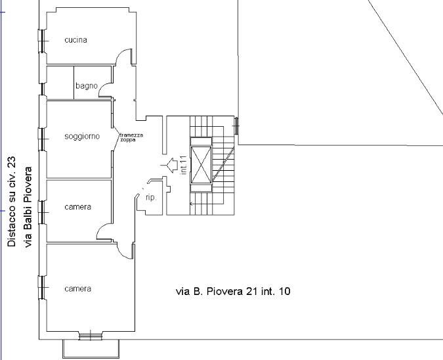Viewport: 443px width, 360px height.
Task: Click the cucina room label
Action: coord(75,40)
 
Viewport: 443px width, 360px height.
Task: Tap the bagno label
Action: coord(87,86)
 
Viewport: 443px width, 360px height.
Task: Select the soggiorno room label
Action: coord(82,137)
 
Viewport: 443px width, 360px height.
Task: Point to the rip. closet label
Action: coord(151,197)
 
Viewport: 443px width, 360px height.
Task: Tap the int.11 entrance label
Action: coord(184,165)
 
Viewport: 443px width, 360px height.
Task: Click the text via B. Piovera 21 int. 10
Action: coord(233,291)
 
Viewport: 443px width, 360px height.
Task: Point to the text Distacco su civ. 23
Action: coord(12,202)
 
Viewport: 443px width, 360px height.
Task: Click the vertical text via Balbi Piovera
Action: coord(28,208)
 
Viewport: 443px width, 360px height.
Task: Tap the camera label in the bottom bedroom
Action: coord(77,289)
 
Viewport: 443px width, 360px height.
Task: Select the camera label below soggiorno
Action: coord(77,207)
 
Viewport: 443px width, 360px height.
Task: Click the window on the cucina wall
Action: coord(42,41)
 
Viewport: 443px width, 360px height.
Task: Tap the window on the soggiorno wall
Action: coord(42,139)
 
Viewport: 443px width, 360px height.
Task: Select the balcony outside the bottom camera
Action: coord(91,349)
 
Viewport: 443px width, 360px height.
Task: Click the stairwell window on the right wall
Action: coord(236,125)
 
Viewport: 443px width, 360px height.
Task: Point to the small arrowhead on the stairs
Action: coord(192,204)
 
